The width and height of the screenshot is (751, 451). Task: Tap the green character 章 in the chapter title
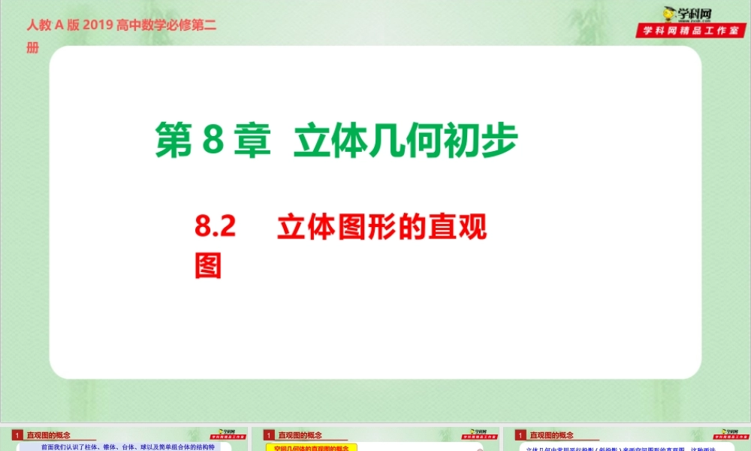click(251, 141)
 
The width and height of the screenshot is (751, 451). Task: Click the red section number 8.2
click(216, 227)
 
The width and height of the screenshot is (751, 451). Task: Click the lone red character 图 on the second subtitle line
click(208, 265)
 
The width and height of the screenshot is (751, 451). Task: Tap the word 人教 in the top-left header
click(39, 26)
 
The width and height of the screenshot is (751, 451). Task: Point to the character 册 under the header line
click(32, 48)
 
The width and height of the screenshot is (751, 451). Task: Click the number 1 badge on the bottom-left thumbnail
click(17, 434)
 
